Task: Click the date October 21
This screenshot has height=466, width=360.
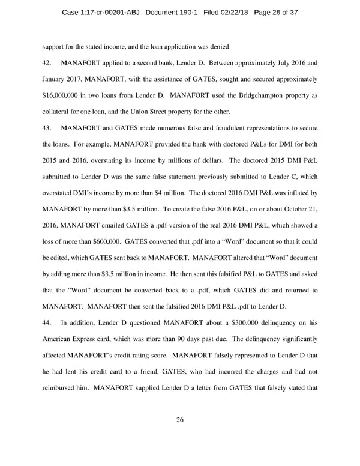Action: (297, 209)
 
